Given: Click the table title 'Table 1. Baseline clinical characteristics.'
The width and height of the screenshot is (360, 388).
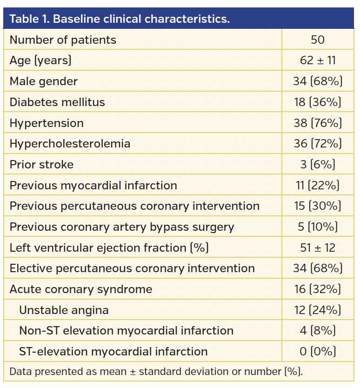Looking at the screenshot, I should coord(120,19).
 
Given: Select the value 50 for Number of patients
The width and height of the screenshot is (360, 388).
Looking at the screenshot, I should coord(318,40).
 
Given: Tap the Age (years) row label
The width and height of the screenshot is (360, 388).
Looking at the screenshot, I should coord(40,60).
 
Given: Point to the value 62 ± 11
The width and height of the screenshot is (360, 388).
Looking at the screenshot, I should coord(318,60).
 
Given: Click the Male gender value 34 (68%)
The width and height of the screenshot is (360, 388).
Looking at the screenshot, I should coord(318,81).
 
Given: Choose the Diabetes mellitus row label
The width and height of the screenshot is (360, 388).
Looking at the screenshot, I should coord(57,102).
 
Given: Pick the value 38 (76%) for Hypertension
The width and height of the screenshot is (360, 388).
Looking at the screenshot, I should coord(318,123).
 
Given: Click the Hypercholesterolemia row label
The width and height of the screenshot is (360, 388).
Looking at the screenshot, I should coord(70,144).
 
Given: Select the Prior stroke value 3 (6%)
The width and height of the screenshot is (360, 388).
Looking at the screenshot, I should coord(318,165).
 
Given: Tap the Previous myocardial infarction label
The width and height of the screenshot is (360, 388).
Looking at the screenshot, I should coord(93,185).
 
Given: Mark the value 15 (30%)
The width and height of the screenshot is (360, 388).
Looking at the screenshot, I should coord(318,206).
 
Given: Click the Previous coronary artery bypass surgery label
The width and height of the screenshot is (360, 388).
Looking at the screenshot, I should coord(122,227).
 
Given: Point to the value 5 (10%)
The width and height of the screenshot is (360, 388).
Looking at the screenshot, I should coord(318,227).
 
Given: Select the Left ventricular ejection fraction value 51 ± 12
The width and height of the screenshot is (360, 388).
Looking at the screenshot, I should coord(318,248).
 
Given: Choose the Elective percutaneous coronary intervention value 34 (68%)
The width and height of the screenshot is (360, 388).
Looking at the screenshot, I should coord(318,268).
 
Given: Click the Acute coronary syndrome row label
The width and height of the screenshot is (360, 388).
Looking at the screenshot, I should coord(81,289).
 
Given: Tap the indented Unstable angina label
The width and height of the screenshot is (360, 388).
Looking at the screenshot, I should coord(64,310).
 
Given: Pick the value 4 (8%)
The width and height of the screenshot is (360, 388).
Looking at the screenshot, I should coord(318,331).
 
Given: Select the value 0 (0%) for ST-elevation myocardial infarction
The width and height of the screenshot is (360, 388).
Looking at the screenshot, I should coord(318,352).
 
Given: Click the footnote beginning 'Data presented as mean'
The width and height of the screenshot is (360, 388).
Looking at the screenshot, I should coord(156,372).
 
